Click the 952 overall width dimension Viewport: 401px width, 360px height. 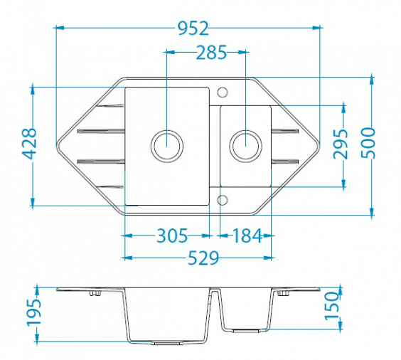pyautogui.click(x=193, y=28)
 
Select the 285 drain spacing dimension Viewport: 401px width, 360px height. pyautogui.click(x=211, y=53)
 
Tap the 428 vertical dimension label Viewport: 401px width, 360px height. pyautogui.click(x=28, y=144)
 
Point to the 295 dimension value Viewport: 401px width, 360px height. pyautogui.click(x=341, y=144)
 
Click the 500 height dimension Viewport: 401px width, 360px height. pyautogui.click(x=368, y=143)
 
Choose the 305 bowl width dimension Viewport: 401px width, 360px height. pyautogui.click(x=172, y=235)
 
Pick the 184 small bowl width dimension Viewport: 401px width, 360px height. pyautogui.click(x=247, y=235)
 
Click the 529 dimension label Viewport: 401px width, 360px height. pyautogui.click(x=203, y=258)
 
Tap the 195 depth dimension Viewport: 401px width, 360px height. pyautogui.click(x=34, y=312)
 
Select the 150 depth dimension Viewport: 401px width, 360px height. pyautogui.click(x=332, y=306)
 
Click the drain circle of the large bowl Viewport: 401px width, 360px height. pyautogui.click(x=167, y=147)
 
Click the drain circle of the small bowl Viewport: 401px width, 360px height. pyautogui.click(x=245, y=146)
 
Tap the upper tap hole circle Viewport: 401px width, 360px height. pyautogui.click(x=223, y=92)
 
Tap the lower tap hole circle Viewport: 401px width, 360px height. pyautogui.click(x=223, y=200)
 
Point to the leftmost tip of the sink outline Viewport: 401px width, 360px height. pyautogui.click(x=56, y=146)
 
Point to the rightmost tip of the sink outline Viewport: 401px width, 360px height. pyautogui.click(x=320, y=146)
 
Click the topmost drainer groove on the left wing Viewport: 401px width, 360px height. pyautogui.click(x=110, y=105)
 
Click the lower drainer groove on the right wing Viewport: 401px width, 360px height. pyautogui.click(x=285, y=162)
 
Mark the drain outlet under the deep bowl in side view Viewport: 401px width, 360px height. pyautogui.click(x=167, y=343)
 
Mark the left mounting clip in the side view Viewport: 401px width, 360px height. pyautogui.click(x=95, y=293)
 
